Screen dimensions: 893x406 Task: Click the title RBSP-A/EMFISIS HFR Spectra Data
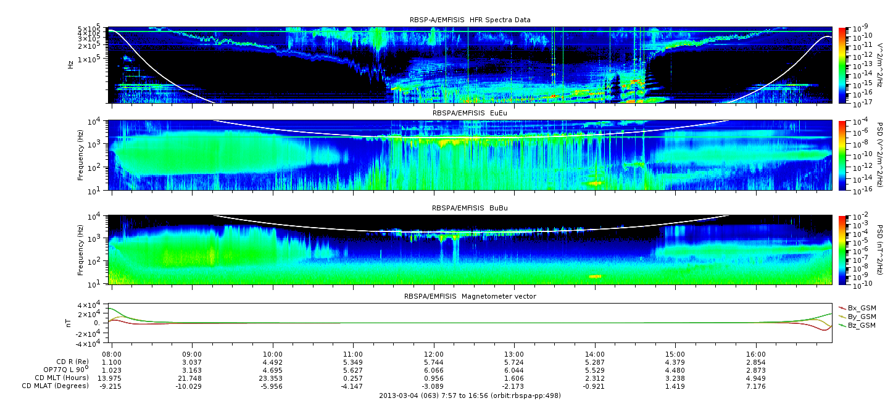pos(470,20)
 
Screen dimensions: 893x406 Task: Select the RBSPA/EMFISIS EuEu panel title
pos(470,113)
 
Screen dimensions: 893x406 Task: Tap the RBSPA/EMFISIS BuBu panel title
pos(470,208)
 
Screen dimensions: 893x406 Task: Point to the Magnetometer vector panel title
pos(470,296)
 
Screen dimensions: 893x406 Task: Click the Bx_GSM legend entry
pos(858,308)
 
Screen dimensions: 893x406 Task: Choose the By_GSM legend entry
pos(858,317)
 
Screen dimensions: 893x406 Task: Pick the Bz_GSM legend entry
pos(858,326)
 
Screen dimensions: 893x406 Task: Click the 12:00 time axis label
pos(434,354)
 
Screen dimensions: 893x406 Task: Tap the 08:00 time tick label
pos(112,354)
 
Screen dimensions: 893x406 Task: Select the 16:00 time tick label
pos(756,354)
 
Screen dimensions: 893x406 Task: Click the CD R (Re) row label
pos(72,362)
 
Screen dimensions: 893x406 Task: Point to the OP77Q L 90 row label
pos(66,370)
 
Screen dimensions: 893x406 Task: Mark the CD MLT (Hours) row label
pos(61,378)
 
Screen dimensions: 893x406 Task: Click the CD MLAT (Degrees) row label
pos(55,386)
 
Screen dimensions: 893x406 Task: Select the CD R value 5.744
pos(434,362)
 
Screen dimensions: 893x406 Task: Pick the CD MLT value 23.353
pos(273,378)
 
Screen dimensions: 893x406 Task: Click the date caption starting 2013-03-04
pos(470,396)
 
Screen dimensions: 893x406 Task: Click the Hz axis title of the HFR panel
pos(71,65)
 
